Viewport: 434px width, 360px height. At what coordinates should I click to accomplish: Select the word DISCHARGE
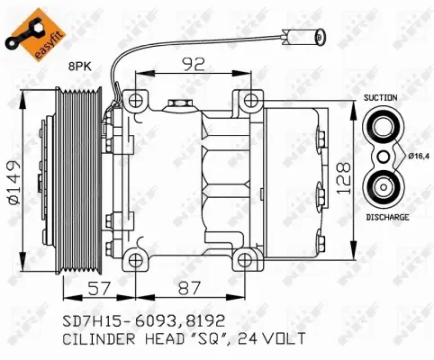pyautogui.click(x=387, y=218)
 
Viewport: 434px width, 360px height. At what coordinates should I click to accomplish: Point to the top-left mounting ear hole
pyautogui.click(x=137, y=99)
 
